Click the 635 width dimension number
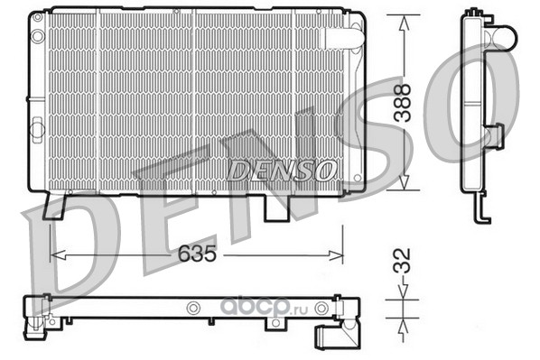click(x=197, y=254)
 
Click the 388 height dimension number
click(x=403, y=103)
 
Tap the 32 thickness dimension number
click(x=402, y=261)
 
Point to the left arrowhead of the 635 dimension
click(x=58, y=255)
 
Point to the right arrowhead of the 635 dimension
click(x=335, y=255)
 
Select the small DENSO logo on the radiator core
click(x=281, y=171)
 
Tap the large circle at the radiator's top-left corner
click(x=38, y=36)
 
